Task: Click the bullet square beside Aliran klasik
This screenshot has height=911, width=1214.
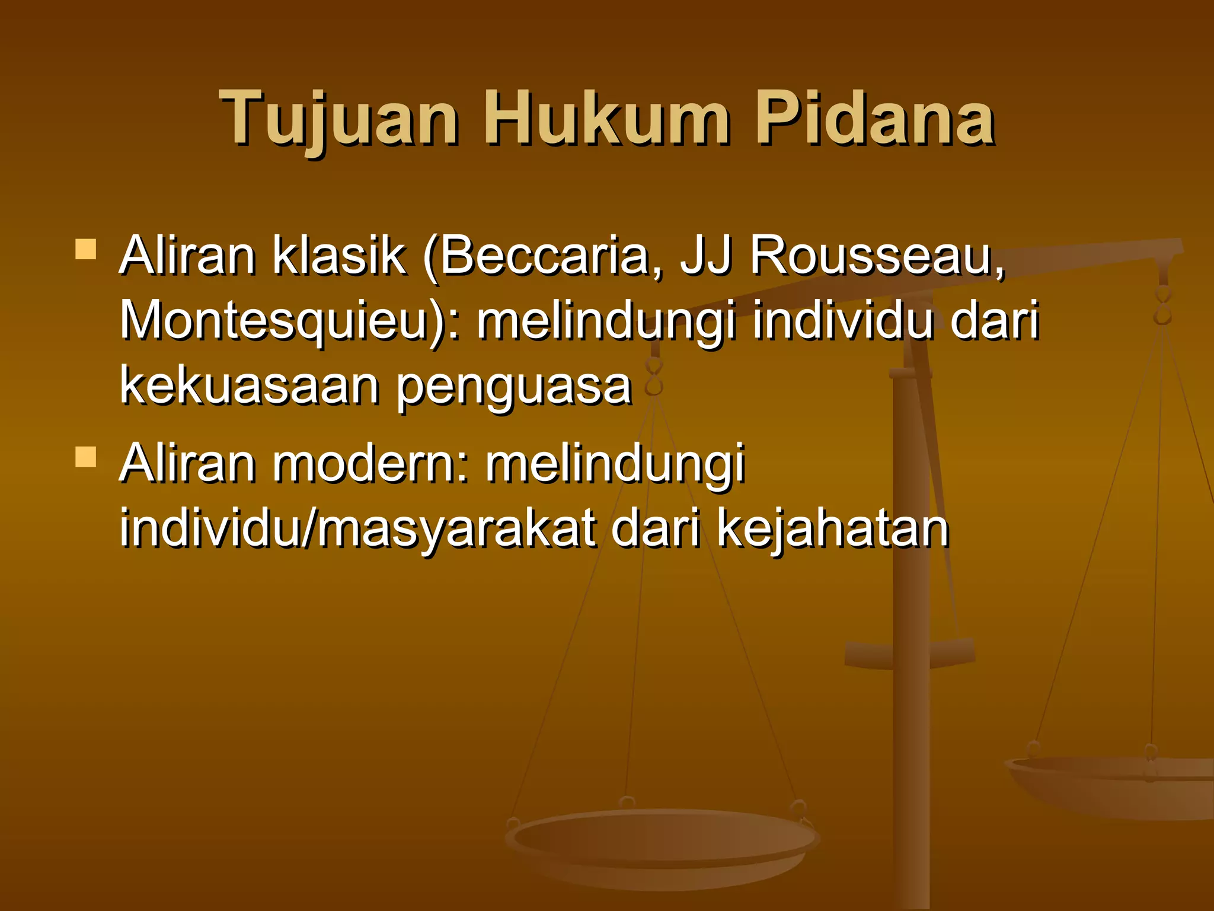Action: (86, 250)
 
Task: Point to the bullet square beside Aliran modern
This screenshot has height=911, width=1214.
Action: (86, 457)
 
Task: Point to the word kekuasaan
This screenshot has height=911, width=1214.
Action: (249, 386)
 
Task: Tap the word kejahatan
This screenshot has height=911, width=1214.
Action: (833, 529)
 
